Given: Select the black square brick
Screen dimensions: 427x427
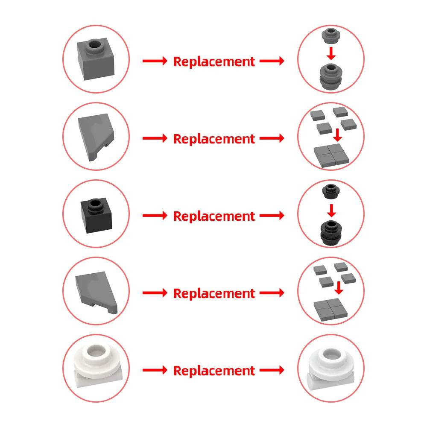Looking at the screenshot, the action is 97,216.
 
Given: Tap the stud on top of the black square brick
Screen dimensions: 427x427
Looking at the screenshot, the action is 95,205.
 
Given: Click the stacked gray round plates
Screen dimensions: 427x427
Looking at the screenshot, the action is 330,76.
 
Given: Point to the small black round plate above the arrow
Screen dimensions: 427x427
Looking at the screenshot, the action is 331,191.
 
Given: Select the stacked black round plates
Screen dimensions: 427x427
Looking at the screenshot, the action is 331,233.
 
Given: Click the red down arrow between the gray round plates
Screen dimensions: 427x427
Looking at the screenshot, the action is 331,53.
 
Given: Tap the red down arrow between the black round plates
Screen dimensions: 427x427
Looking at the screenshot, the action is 331,210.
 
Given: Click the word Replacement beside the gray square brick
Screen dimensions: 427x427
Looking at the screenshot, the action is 214,61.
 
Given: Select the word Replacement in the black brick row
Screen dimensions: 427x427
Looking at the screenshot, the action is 214,216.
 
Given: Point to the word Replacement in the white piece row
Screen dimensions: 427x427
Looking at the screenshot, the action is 214,371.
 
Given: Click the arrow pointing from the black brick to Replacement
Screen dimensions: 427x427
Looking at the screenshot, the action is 155,215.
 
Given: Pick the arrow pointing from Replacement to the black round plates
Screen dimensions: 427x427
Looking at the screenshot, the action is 272,215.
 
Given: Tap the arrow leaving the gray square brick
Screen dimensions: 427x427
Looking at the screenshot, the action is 155,61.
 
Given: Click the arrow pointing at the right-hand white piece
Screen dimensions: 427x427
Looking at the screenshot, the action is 272,370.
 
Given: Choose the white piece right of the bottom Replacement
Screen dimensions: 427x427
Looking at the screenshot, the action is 331,368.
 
